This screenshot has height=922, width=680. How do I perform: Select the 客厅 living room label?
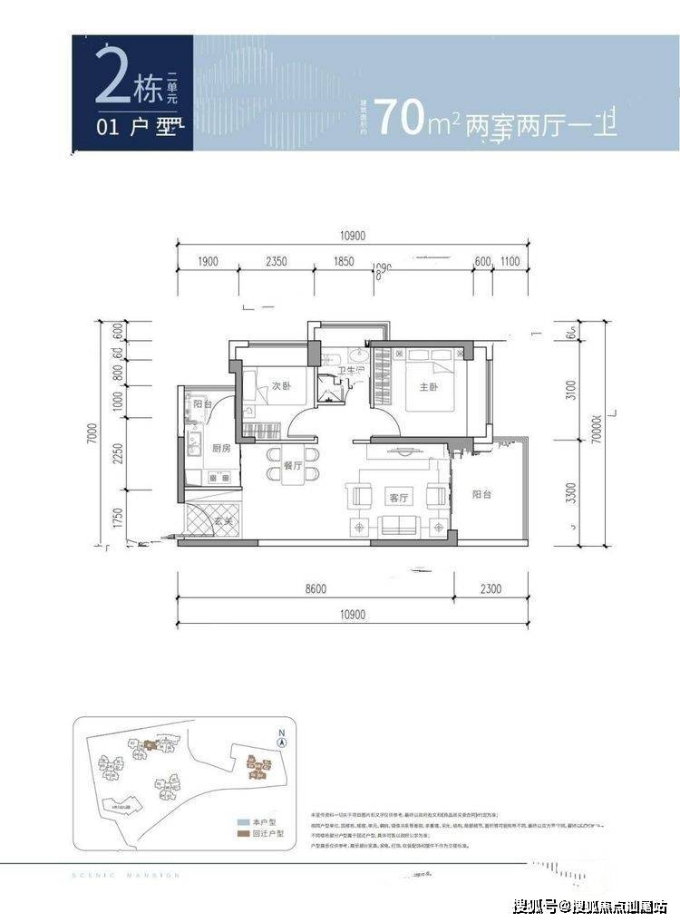pos(399,498)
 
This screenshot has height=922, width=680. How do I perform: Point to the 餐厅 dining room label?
pos(292,463)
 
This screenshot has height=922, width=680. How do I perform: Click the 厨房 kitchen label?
pos(222,448)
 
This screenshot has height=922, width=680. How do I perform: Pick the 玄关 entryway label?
pos(223,521)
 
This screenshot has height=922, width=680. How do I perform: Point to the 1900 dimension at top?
pos(207,261)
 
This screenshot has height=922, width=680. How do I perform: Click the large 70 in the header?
pos(399,119)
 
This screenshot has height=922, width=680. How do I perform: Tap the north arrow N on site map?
pos(283,737)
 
